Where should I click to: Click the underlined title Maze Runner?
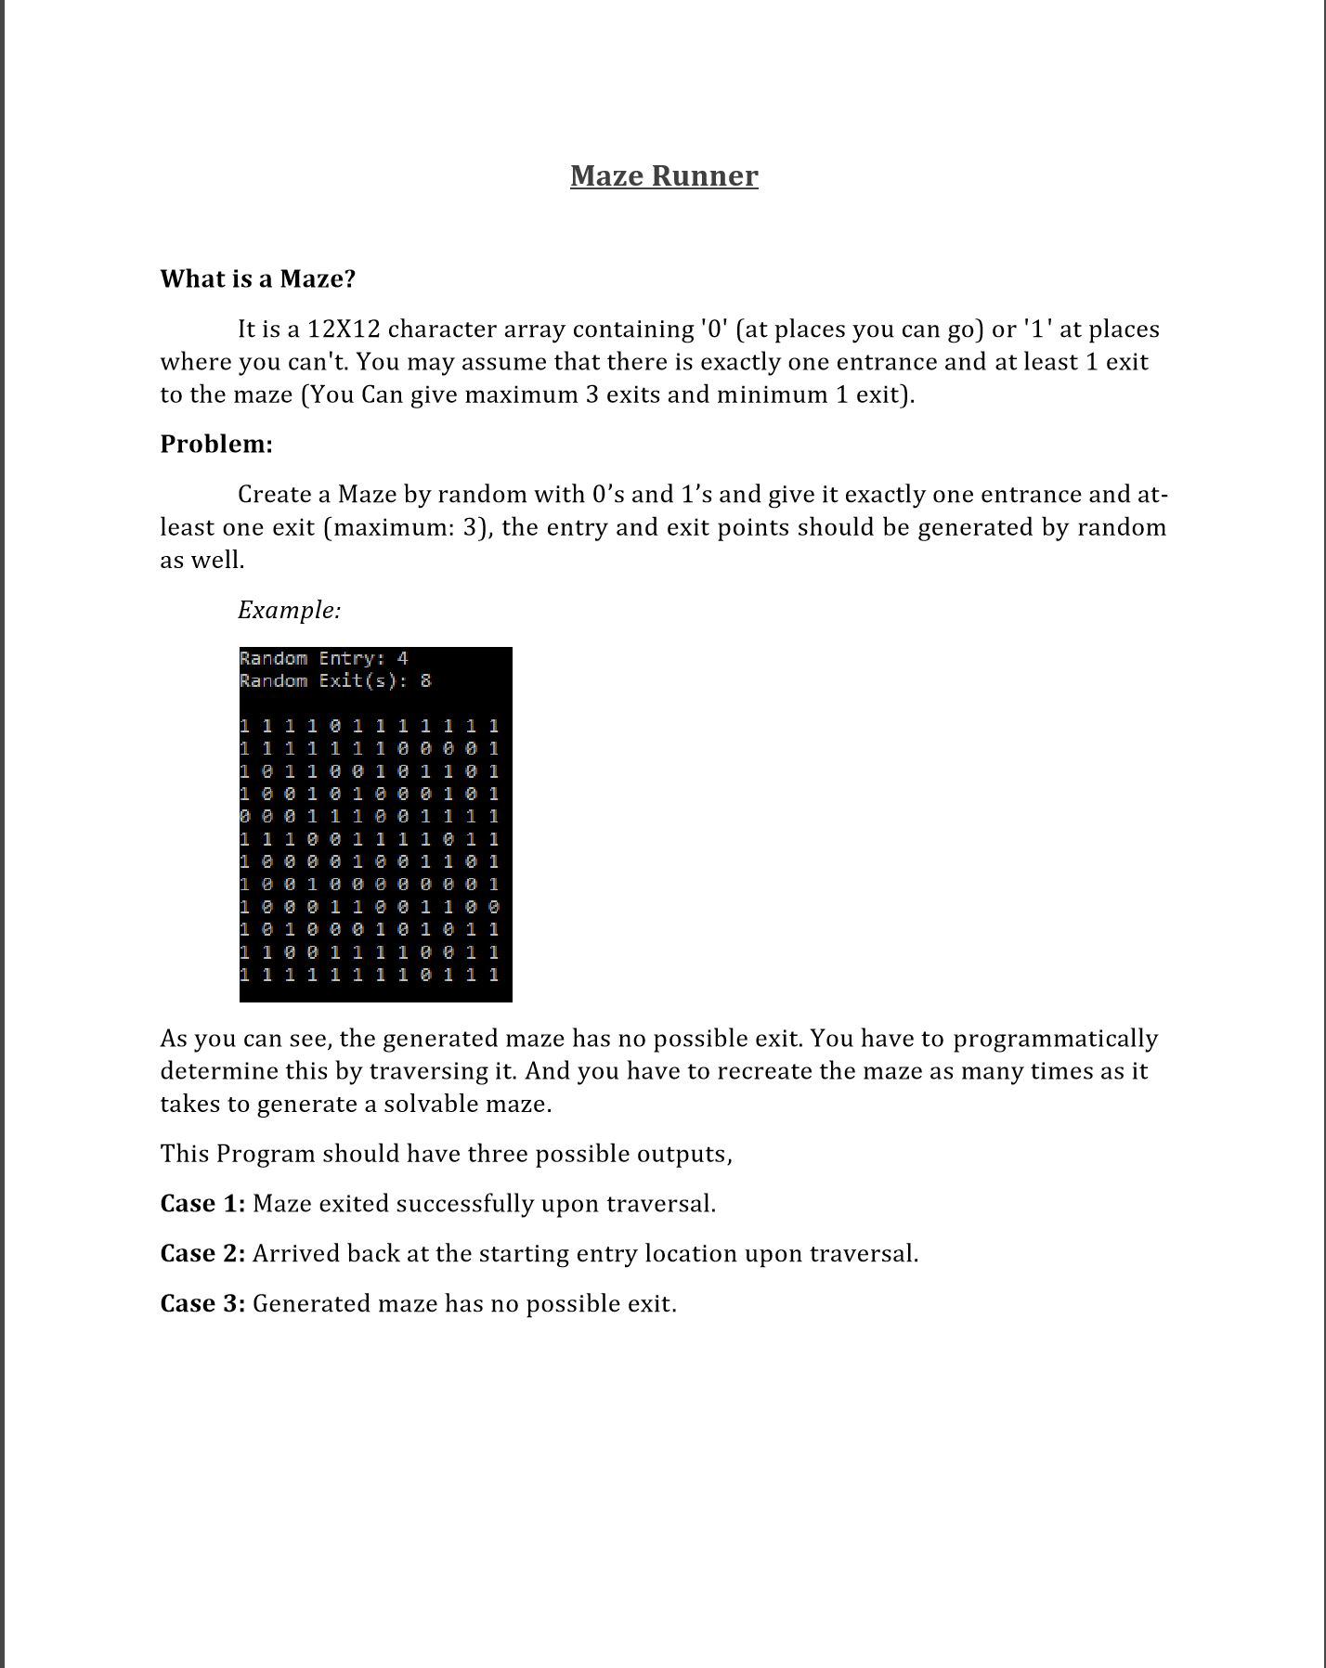tap(664, 175)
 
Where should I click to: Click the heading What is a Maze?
tap(257, 278)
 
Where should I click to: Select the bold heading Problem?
tap(216, 444)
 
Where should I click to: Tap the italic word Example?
tap(289, 610)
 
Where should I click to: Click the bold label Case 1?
tap(202, 1203)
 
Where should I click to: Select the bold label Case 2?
tap(202, 1253)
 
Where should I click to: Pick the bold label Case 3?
tap(202, 1303)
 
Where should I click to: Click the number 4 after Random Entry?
tap(402, 658)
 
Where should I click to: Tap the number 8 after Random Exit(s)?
tap(425, 680)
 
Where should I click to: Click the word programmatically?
tap(1056, 1038)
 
